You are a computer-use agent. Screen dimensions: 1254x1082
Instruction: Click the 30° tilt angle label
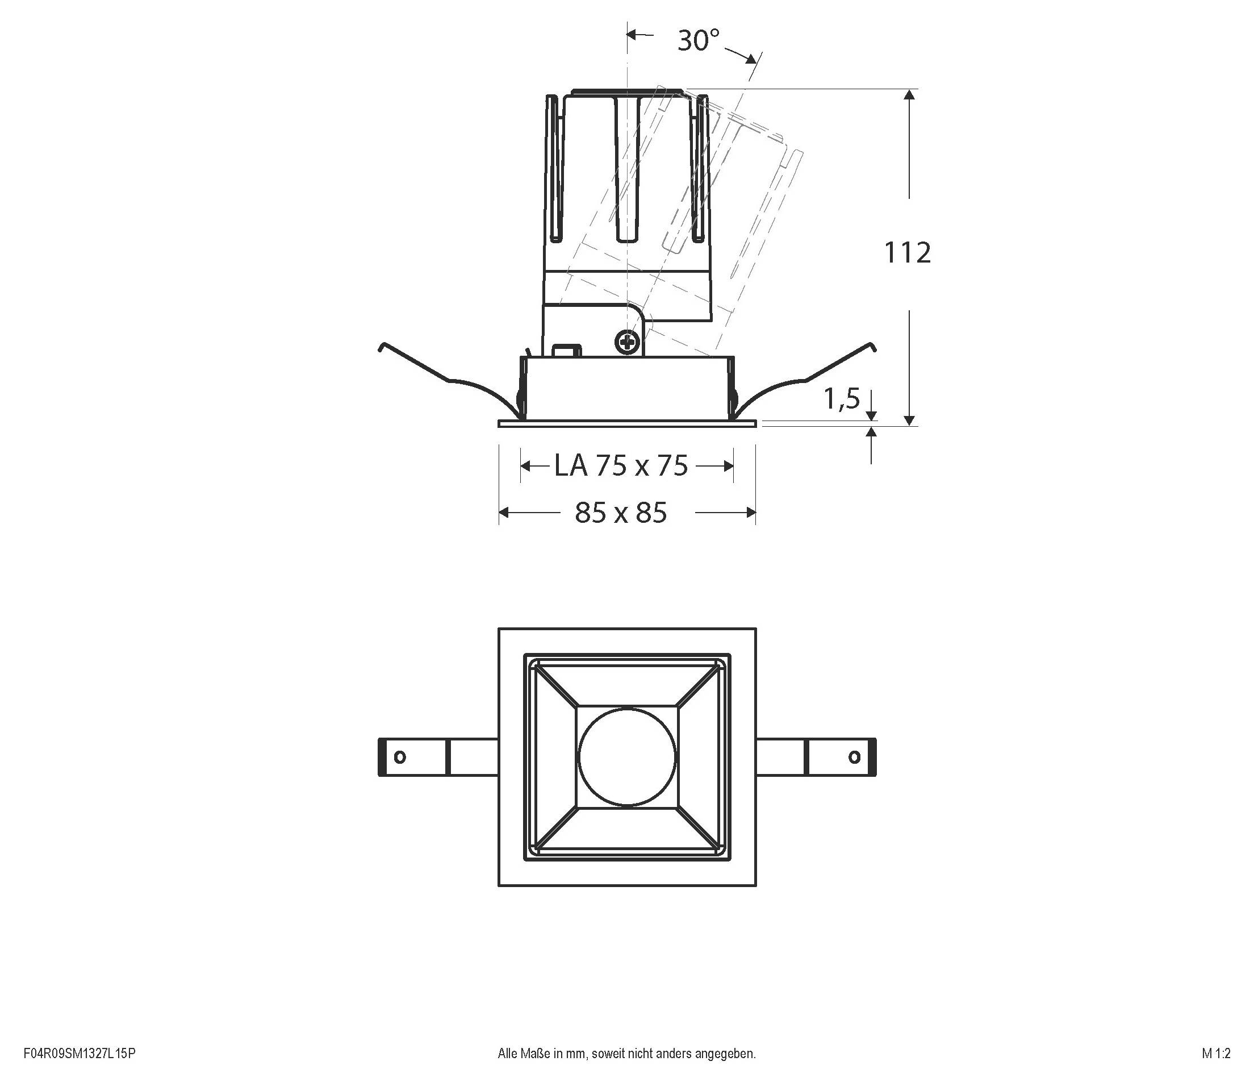(699, 40)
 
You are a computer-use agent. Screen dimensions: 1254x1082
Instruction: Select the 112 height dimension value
(907, 252)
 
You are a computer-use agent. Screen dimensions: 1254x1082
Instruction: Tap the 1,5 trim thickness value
(841, 398)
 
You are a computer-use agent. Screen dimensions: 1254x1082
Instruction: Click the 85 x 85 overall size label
(621, 513)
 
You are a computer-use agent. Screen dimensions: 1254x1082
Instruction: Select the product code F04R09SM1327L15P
(80, 1054)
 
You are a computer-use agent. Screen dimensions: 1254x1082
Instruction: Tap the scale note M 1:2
(1217, 1054)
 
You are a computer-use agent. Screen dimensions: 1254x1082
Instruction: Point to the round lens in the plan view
(627, 757)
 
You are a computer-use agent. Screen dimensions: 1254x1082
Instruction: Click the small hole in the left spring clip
(399, 757)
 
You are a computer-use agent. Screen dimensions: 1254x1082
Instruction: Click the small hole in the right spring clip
(855, 757)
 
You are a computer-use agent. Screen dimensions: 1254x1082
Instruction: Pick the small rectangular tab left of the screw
(568, 351)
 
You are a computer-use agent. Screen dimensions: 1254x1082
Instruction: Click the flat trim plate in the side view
(627, 423)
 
